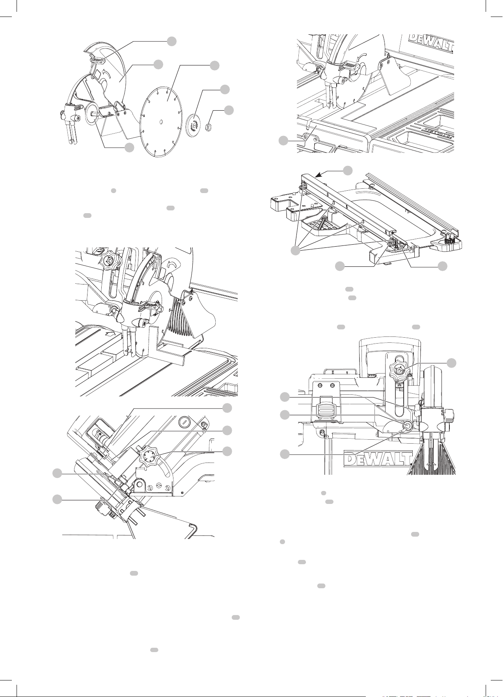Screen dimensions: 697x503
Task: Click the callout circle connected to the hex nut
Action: tap(229, 110)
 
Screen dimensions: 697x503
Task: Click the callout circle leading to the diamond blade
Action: tap(214, 66)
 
